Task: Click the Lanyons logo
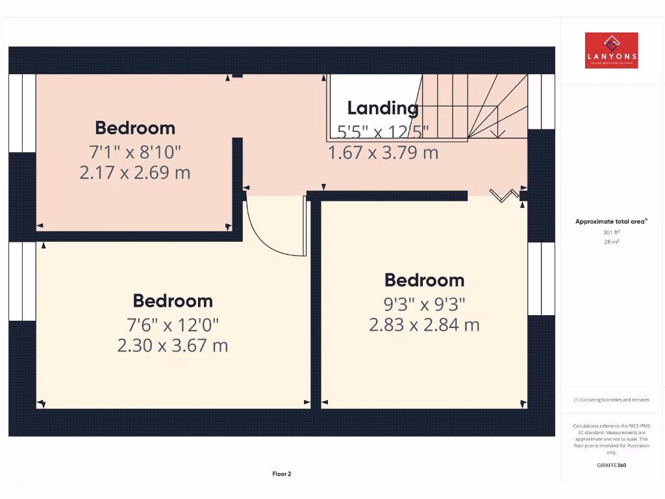pyautogui.click(x=611, y=51)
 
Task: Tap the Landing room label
pyautogui.click(x=383, y=108)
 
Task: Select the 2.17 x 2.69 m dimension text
pyautogui.click(x=135, y=173)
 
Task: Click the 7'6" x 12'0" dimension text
pyautogui.click(x=173, y=324)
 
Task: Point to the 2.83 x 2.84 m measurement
pyautogui.click(x=424, y=325)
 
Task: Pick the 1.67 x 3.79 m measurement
pyautogui.click(x=383, y=153)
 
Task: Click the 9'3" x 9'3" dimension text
pyautogui.click(x=424, y=303)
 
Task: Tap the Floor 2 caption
pyautogui.click(x=282, y=474)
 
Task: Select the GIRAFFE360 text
pyautogui.click(x=611, y=465)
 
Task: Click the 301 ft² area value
pyautogui.click(x=611, y=232)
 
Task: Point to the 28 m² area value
pyautogui.click(x=611, y=242)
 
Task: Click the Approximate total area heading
pyautogui.click(x=611, y=222)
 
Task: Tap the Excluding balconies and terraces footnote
pyautogui.click(x=611, y=400)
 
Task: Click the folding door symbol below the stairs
pyautogui.click(x=505, y=195)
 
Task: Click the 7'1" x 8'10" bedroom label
pyautogui.click(x=135, y=152)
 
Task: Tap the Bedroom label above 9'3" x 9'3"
pyautogui.click(x=424, y=280)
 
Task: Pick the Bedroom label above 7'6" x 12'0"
pyautogui.click(x=173, y=301)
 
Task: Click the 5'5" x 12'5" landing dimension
pyautogui.click(x=383, y=132)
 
